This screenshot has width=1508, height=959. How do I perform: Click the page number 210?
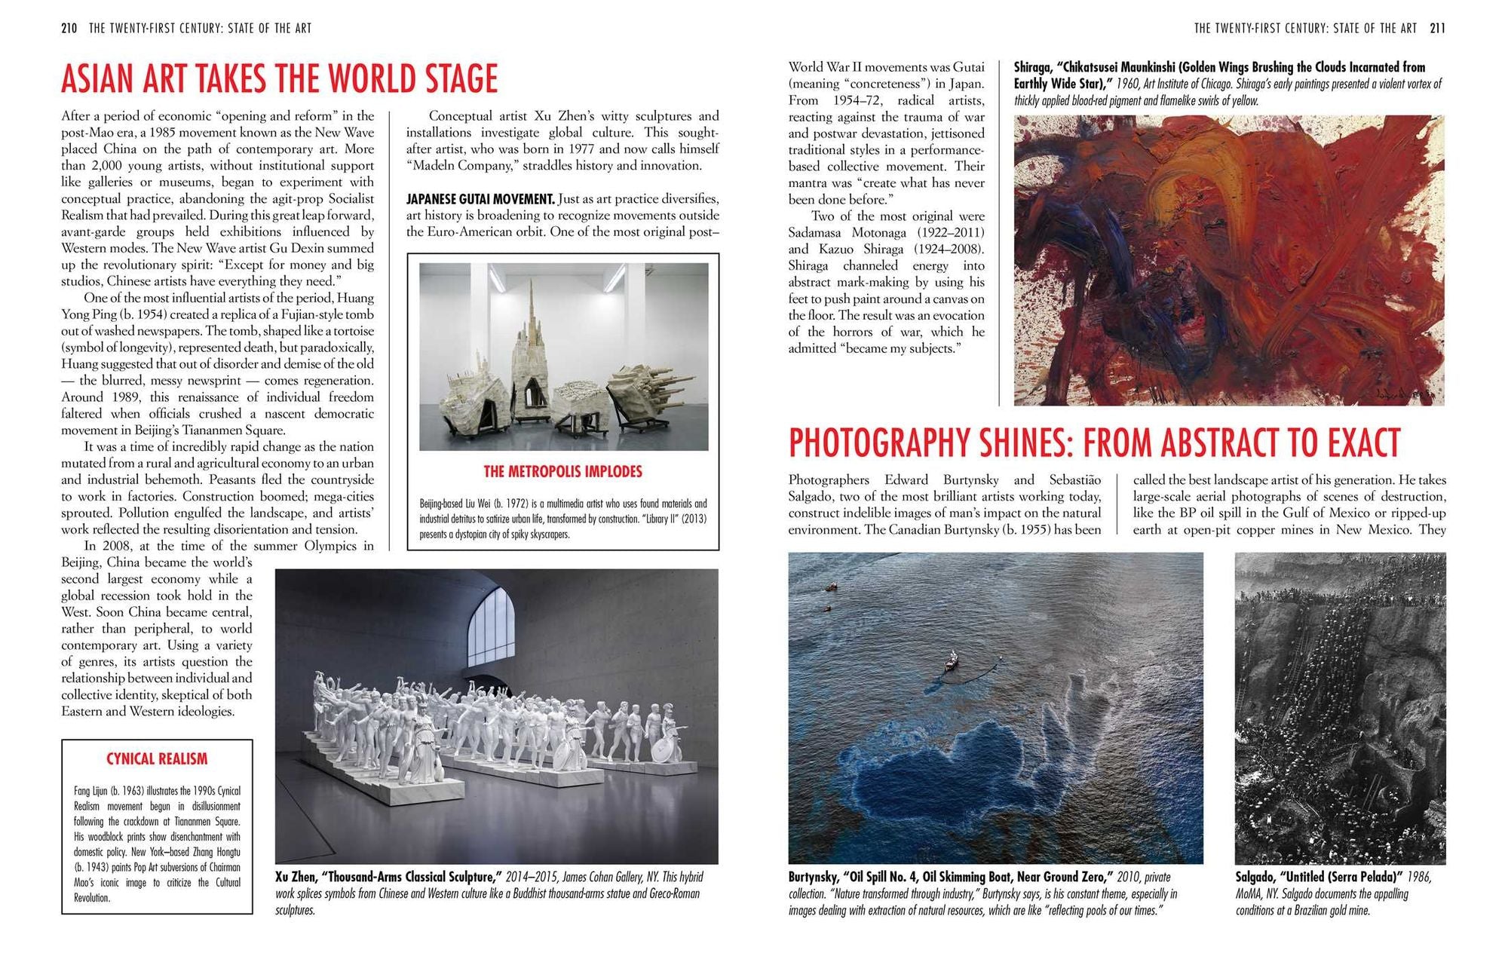click(x=69, y=29)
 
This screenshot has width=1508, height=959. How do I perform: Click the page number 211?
click(x=1437, y=29)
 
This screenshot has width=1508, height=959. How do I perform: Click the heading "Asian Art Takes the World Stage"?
click(x=279, y=79)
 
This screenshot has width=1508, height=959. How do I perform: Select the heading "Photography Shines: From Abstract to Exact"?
click(x=1094, y=443)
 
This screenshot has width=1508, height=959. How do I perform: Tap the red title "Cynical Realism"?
click(x=157, y=759)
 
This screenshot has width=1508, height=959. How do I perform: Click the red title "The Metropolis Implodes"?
click(x=562, y=472)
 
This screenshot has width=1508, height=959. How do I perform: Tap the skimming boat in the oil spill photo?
click(x=952, y=662)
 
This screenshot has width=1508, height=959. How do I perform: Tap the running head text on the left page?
click(x=200, y=29)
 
